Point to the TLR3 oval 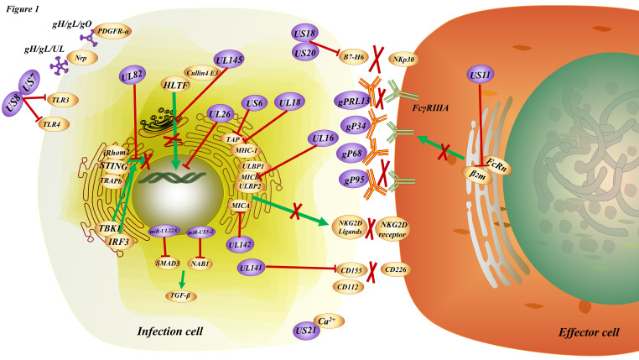pyautogui.click(x=60, y=98)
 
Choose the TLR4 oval pyautogui.click(x=58, y=124)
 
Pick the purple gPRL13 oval pyautogui.click(x=354, y=100)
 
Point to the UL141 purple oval pyautogui.click(x=252, y=268)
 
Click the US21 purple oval pyautogui.click(x=307, y=330)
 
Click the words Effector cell pyautogui.click(x=589, y=332)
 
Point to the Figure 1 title pyautogui.click(x=23, y=8)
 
